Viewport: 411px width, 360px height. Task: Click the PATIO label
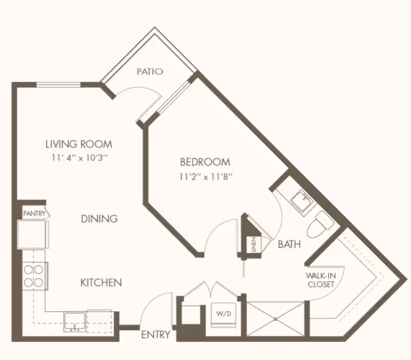[150, 72]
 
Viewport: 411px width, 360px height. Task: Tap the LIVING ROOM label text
[79, 144]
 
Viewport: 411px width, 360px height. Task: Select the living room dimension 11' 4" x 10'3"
[79, 157]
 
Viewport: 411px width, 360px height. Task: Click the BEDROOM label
[205, 162]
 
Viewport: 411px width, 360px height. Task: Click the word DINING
[100, 219]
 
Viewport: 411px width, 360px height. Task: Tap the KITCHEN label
[101, 282]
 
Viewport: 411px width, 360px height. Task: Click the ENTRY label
[156, 334]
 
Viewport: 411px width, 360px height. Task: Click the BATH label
[290, 244]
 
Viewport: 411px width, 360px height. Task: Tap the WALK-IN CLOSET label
[320, 280]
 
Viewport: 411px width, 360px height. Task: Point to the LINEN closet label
[254, 244]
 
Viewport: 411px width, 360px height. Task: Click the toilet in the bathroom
[320, 225]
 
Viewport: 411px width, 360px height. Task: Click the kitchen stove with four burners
[33, 275]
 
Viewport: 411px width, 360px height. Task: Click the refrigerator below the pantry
[32, 234]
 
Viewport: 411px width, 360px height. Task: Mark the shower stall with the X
[276, 317]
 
